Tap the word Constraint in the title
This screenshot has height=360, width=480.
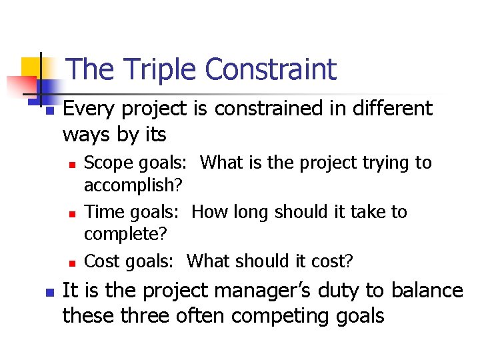click(271, 69)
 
